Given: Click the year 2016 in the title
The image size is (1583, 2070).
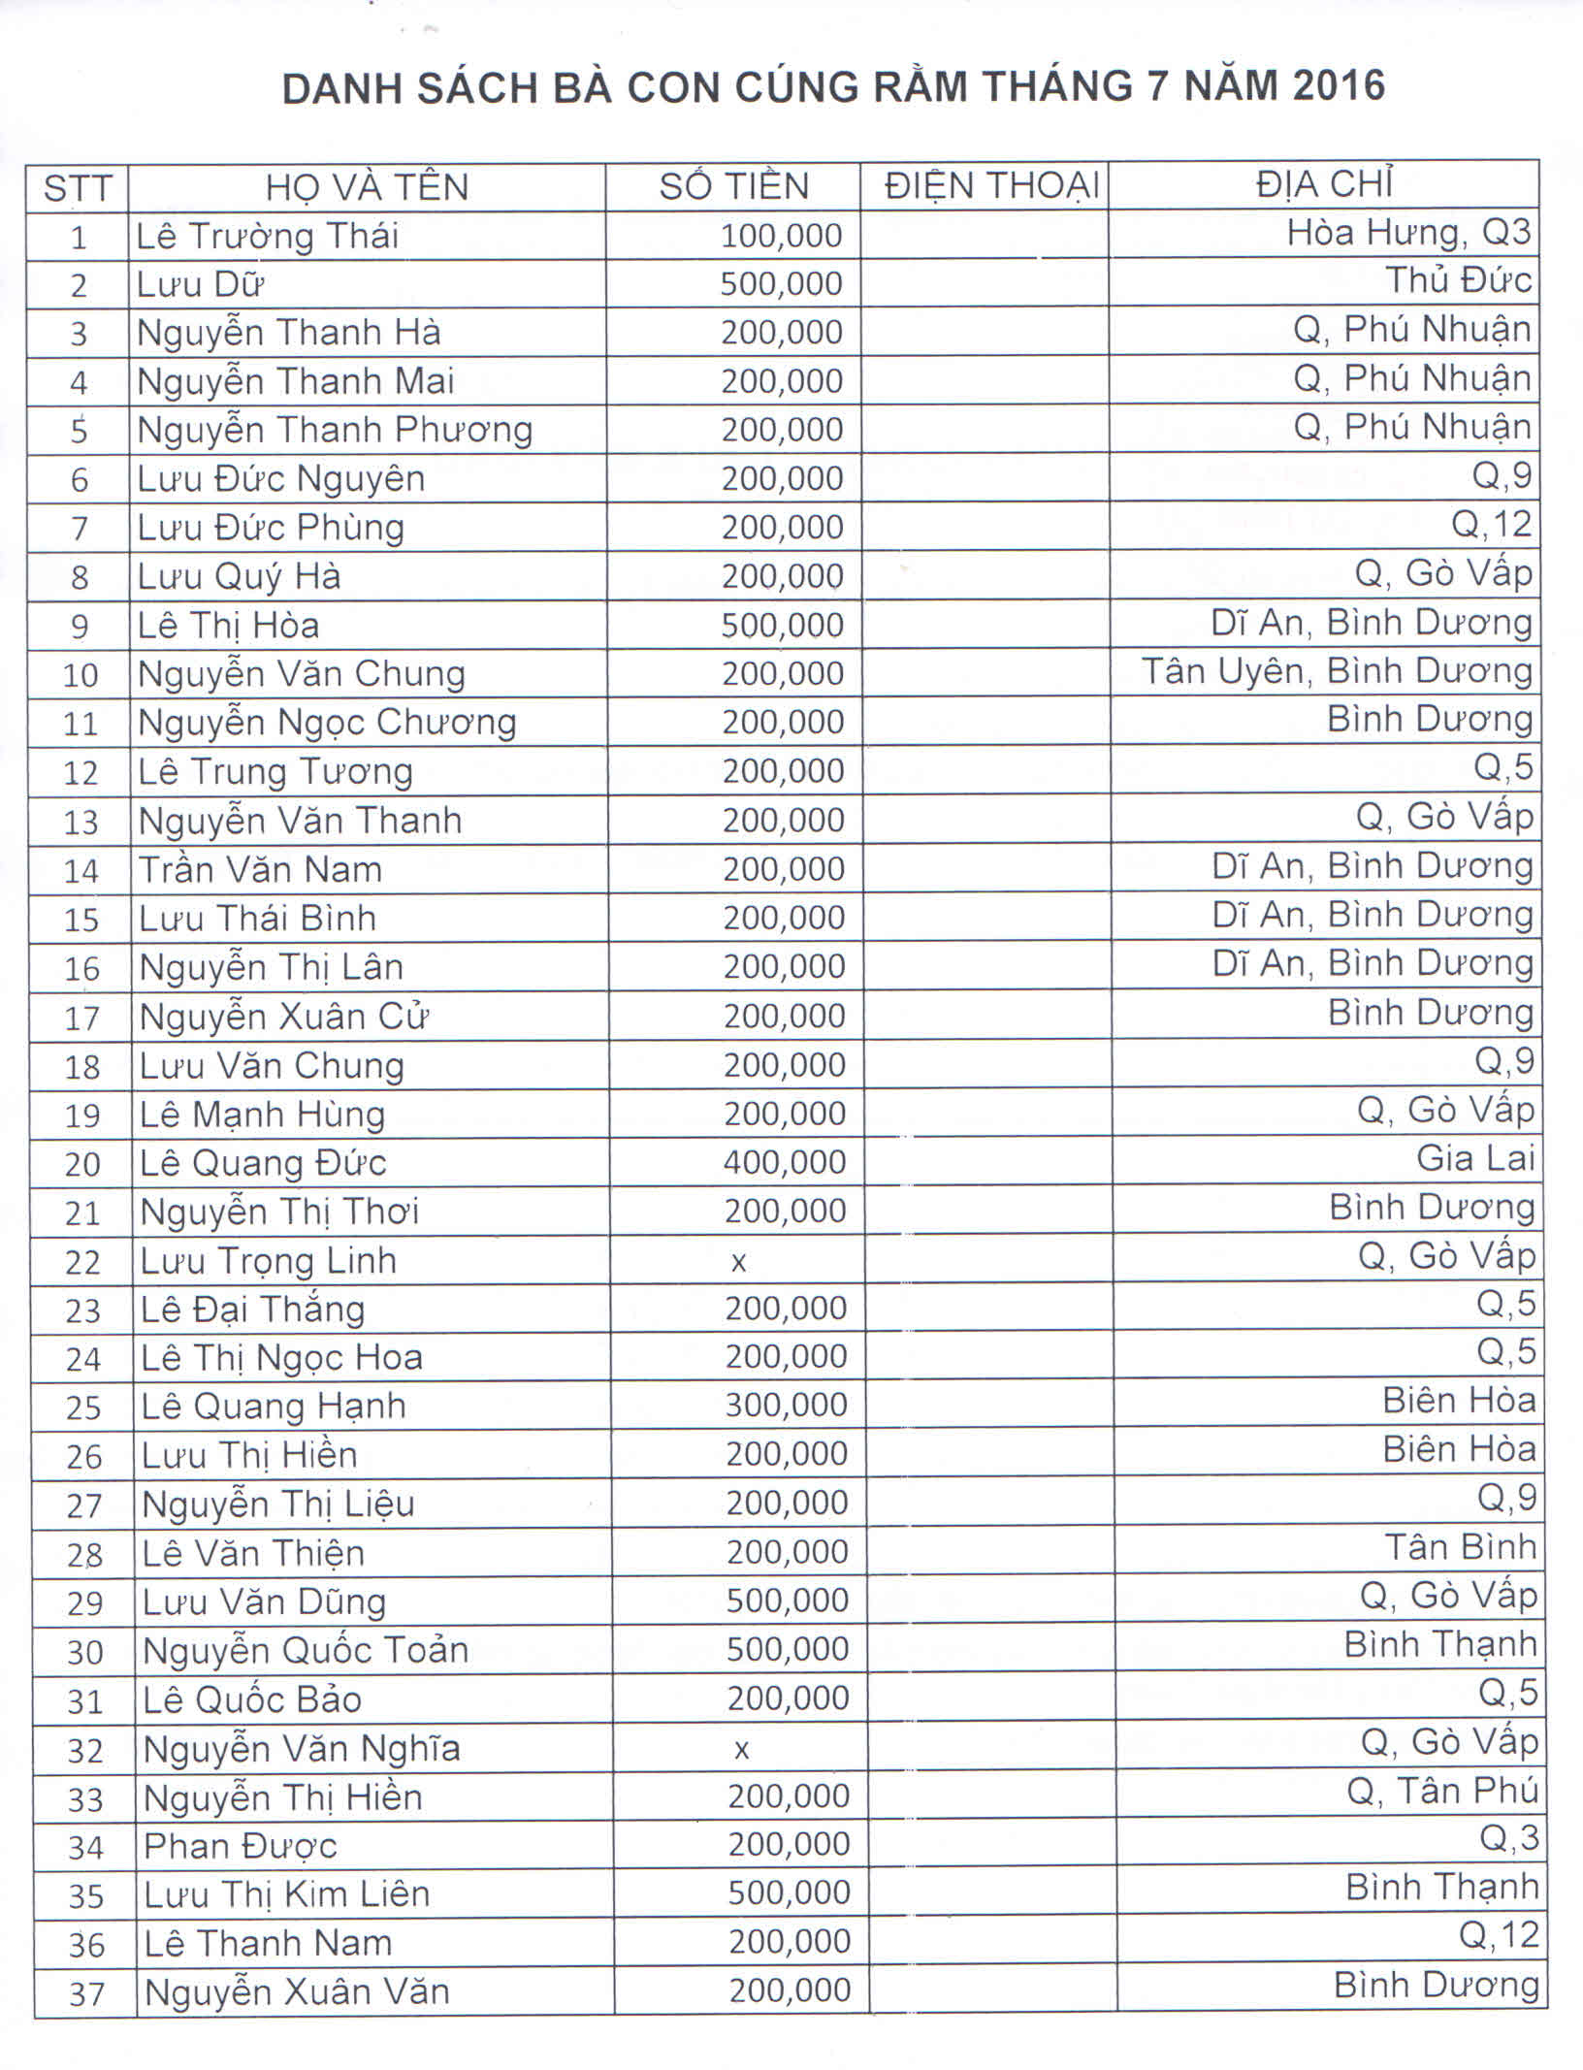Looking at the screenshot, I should [x=1338, y=87].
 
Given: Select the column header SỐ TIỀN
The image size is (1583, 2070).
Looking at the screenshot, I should [x=733, y=186].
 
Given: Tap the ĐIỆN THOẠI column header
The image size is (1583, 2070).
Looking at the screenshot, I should [x=991, y=186].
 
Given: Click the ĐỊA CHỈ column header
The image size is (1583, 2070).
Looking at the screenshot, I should [x=1325, y=184].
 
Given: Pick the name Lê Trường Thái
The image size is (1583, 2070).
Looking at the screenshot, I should [x=268, y=236].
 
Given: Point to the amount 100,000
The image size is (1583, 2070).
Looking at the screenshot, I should [x=781, y=236].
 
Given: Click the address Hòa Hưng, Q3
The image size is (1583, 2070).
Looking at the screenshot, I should [x=1408, y=233].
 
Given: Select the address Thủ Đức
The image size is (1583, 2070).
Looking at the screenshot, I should [x=1458, y=281].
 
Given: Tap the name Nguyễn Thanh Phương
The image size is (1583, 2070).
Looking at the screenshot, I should [x=335, y=430].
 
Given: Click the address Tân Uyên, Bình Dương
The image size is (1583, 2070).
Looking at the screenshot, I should [x=1337, y=671].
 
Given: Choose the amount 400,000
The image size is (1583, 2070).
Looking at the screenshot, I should [x=785, y=1161].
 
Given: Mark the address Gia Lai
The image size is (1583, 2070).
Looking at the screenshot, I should [x=1475, y=1158].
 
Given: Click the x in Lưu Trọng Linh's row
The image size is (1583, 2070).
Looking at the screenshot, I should [x=739, y=1262].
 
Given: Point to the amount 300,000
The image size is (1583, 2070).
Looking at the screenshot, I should [x=786, y=1405].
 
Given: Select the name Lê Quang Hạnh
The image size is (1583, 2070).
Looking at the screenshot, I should [x=274, y=1407].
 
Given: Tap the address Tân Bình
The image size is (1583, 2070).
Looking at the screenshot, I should [x=1460, y=1547].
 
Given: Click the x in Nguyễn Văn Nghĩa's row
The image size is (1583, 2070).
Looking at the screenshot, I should [x=742, y=1749].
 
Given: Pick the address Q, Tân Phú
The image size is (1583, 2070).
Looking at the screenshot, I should [x=1442, y=1791].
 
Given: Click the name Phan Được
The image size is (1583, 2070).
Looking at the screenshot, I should [x=241, y=1846].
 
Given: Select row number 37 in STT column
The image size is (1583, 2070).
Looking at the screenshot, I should [x=86, y=1993].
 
